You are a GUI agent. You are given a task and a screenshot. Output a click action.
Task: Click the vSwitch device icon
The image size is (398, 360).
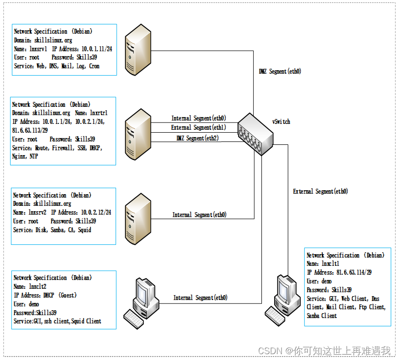[256, 134]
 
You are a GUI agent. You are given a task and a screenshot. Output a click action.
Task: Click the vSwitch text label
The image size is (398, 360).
[281, 121]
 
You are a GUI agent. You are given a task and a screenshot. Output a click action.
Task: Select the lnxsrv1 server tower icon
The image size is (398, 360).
[138, 50]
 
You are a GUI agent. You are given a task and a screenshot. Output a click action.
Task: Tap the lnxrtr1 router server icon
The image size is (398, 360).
[138, 134]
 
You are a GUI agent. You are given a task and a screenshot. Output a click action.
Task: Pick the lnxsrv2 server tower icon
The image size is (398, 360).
[138, 219]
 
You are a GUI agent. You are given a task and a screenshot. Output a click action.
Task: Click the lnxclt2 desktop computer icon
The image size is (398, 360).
[141, 303]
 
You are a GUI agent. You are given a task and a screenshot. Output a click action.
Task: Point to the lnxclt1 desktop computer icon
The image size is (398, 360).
[283, 300]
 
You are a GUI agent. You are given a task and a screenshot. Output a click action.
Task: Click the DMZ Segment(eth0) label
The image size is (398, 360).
[280, 71]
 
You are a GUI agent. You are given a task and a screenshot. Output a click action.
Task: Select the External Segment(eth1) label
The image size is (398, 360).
[199, 127]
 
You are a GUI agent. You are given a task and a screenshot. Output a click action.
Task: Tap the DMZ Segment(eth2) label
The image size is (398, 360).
[198, 138]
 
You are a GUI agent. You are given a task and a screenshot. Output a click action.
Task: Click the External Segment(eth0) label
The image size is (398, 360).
[320, 191]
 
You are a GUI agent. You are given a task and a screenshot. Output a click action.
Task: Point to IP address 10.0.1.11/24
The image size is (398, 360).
[97, 49]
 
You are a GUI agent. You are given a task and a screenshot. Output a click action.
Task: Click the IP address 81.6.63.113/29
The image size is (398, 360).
[30, 130]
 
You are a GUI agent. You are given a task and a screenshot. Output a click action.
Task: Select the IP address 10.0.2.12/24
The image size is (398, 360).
[96, 212]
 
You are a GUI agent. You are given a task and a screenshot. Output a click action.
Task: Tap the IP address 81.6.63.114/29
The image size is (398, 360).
[354, 272]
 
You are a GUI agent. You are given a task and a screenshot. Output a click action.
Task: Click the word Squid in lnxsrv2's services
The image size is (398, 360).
[84, 230]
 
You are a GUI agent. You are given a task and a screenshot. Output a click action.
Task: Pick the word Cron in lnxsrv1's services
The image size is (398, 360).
[94, 66]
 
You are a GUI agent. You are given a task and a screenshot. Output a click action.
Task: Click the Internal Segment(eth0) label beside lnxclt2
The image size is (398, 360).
[200, 298]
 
